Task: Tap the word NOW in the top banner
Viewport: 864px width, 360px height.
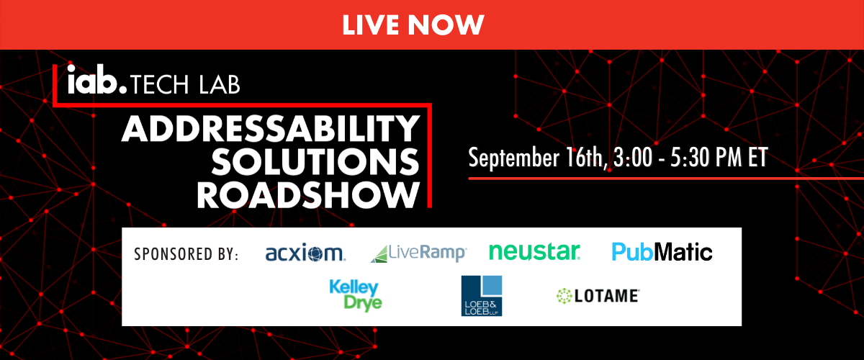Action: point(446,24)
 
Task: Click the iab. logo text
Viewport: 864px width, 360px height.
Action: point(96,79)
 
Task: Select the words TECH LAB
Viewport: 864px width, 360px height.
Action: point(186,84)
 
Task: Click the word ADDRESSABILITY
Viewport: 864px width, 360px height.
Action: point(271,128)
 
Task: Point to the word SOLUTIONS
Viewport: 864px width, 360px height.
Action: point(315,161)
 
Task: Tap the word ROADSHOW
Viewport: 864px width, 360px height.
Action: point(309,195)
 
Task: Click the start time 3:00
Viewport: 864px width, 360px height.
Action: point(633,158)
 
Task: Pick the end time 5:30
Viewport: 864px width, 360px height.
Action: point(690,158)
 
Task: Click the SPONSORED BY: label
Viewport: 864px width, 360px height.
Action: point(186,254)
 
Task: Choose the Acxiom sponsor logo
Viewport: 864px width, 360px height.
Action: point(305,253)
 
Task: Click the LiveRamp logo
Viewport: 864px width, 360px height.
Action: point(418,253)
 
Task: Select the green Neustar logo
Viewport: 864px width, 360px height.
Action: point(534,251)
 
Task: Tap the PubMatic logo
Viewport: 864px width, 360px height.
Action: point(662,252)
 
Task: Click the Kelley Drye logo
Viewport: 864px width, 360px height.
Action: point(355,295)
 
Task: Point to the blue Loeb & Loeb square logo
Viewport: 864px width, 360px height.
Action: point(482,296)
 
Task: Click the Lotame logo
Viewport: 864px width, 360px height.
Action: point(598,296)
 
